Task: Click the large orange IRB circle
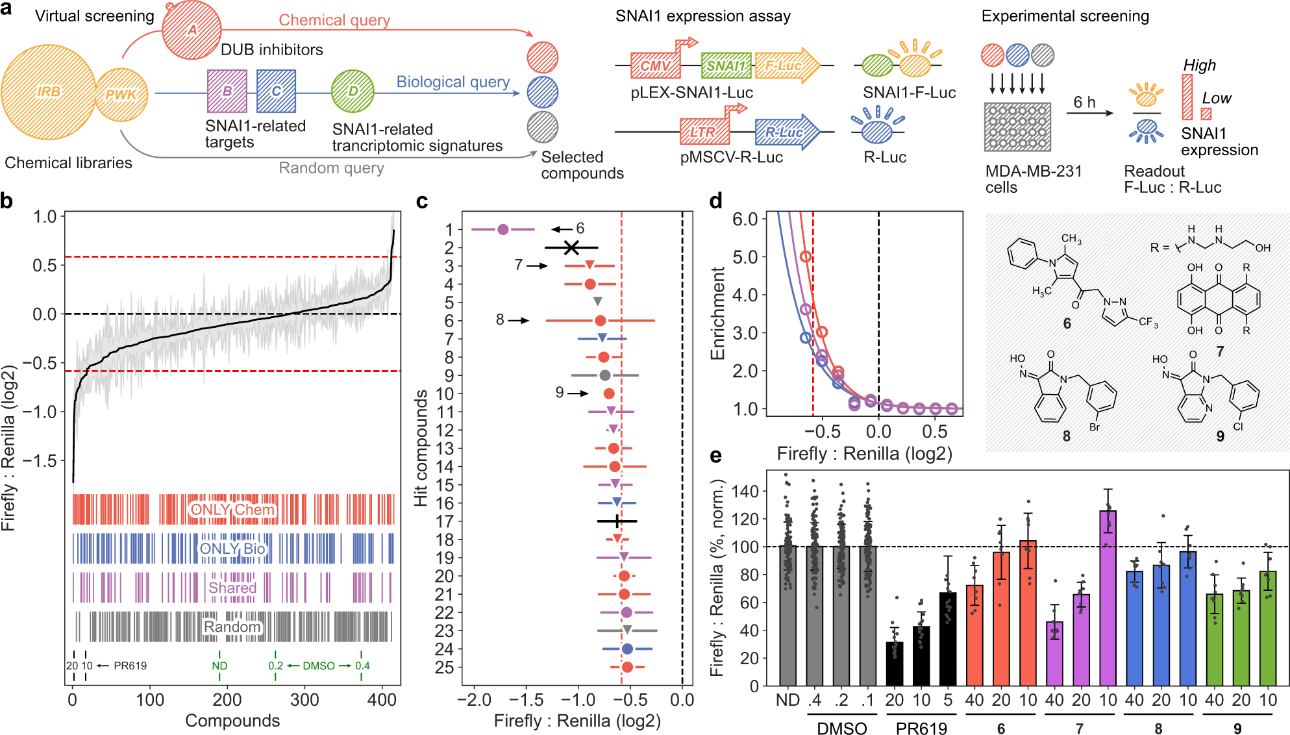tap(49, 92)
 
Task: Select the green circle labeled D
tap(353, 92)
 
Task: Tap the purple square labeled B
tap(227, 91)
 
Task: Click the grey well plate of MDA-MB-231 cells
tap(1017, 127)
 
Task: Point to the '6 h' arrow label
tap(1084, 103)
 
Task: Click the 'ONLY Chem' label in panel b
tap(232, 510)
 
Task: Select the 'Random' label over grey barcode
tap(232, 627)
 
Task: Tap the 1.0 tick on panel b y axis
tap(45, 216)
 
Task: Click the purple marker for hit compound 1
tap(502, 229)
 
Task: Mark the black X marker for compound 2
tap(571, 247)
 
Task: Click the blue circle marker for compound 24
tap(627, 649)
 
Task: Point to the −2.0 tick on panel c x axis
tap(473, 700)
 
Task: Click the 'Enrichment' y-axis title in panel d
tap(717, 313)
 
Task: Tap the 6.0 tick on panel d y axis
tap(745, 219)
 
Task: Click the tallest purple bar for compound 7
tap(1108, 597)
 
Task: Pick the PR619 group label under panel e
tap(921, 729)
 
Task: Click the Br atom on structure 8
tap(1095, 427)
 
